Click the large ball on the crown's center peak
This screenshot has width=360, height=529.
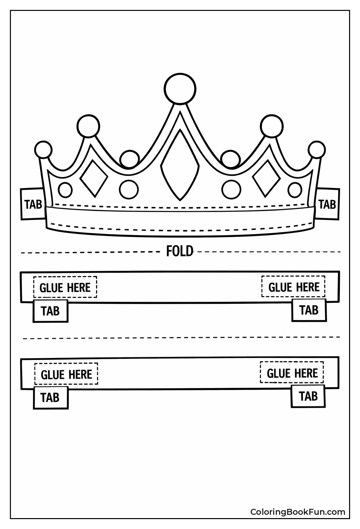pyautogui.click(x=180, y=88)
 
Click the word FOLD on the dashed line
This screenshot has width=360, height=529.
pyautogui.click(x=179, y=251)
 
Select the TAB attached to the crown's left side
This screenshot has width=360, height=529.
pyautogui.click(x=33, y=204)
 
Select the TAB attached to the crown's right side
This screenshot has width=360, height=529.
pyautogui.click(x=328, y=204)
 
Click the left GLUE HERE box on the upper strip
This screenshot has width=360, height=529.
pyautogui.click(x=65, y=287)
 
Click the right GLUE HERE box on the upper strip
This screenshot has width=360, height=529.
pyautogui.click(x=294, y=287)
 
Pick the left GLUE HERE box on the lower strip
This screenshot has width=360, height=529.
pyautogui.click(x=66, y=374)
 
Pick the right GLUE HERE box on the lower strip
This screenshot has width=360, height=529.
pyautogui.click(x=292, y=373)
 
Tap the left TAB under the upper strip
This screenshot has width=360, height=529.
pyautogui.click(x=51, y=311)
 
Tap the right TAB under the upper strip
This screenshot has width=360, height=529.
pyautogui.click(x=309, y=310)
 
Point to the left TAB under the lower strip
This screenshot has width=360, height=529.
pyautogui.click(x=51, y=397)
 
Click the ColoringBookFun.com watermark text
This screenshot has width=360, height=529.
pyautogui.click(x=298, y=512)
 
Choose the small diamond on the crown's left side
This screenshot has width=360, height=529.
pyautogui.click(x=94, y=179)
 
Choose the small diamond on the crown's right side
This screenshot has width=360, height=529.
pyautogui.click(x=266, y=179)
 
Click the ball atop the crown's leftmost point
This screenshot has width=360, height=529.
pyautogui.click(x=44, y=150)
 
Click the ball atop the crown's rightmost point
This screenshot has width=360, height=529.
pyautogui.click(x=316, y=150)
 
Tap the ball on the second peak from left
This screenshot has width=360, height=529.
pyautogui.click(x=88, y=126)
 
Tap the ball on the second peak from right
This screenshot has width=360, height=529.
pyautogui.click(x=272, y=126)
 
